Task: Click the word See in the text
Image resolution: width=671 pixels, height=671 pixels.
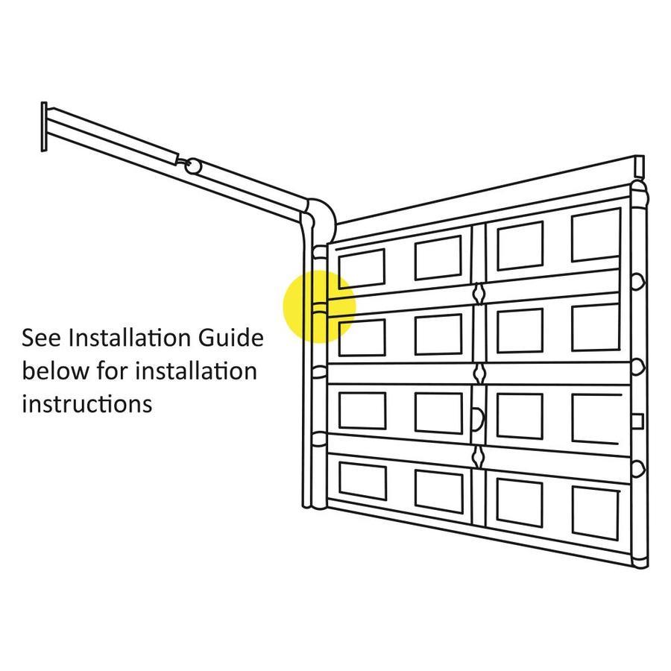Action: (x=42, y=338)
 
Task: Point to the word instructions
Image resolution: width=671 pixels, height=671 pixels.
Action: (x=87, y=403)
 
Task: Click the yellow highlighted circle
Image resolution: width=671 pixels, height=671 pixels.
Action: (x=320, y=306)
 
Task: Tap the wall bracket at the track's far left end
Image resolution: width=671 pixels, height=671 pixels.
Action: (x=44, y=127)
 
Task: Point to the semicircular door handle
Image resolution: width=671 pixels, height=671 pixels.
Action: (x=479, y=419)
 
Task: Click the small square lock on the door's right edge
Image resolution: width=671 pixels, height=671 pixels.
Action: (x=637, y=421)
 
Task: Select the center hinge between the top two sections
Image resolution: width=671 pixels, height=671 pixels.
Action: (x=479, y=294)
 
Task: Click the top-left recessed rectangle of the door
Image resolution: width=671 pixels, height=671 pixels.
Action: (x=362, y=268)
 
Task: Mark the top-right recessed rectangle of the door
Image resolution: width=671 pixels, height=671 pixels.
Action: (x=596, y=235)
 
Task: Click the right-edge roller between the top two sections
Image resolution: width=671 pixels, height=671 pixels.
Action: (x=638, y=283)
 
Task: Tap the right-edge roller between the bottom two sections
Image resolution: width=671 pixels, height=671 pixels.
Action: (x=638, y=469)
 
